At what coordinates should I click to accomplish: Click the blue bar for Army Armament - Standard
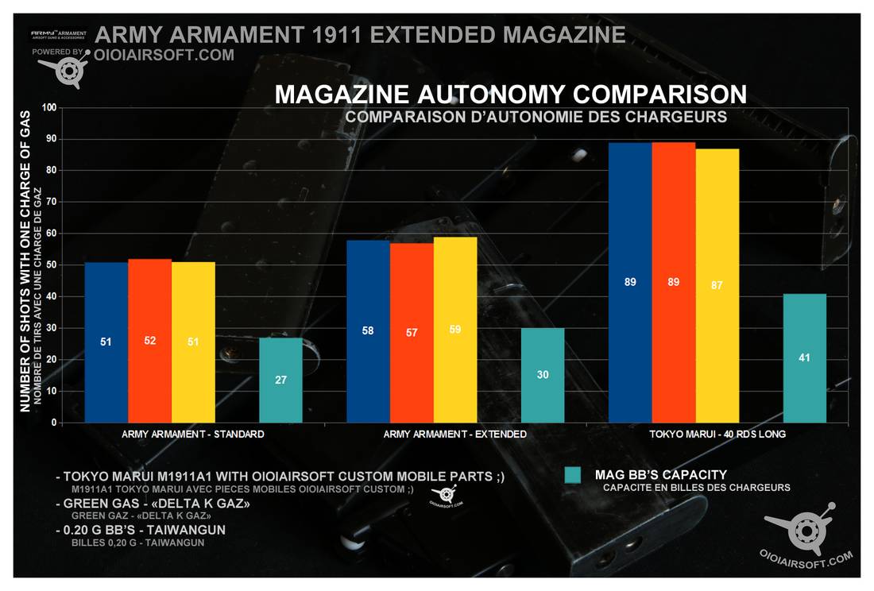(x=106, y=342)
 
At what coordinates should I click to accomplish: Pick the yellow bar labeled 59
(x=455, y=330)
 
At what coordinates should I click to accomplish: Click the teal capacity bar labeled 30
(x=543, y=375)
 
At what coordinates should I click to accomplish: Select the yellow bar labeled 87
(x=717, y=285)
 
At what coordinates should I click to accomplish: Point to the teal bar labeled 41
(x=805, y=357)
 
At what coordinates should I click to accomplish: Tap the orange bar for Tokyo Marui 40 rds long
(x=674, y=282)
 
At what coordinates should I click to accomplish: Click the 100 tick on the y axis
(x=48, y=107)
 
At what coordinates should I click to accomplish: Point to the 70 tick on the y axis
(x=50, y=202)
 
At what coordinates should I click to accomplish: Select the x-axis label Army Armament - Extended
(x=454, y=435)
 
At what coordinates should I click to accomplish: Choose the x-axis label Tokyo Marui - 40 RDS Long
(x=717, y=435)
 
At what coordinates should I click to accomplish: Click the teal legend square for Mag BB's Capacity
(x=574, y=475)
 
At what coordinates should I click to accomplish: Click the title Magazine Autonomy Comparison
(x=510, y=95)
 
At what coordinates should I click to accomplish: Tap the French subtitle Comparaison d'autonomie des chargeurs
(x=537, y=117)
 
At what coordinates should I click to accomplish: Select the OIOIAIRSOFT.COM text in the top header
(x=164, y=55)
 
